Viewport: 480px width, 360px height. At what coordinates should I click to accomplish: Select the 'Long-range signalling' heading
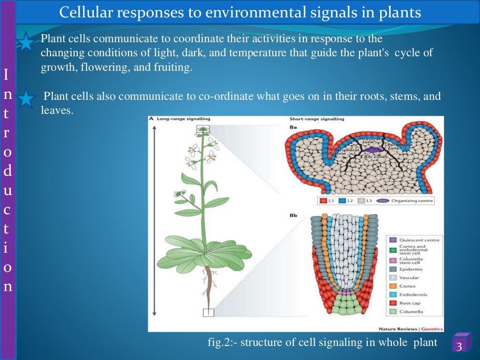pos(183,119)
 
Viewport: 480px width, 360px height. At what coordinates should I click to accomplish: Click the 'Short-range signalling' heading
pos(316,119)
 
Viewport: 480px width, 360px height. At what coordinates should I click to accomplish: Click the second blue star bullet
pos(27,99)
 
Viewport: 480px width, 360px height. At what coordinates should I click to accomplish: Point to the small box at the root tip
pos(208,313)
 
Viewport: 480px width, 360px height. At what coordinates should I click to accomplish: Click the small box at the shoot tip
pos(203,129)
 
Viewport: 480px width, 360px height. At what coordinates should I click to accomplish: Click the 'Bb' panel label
pos(294,216)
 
